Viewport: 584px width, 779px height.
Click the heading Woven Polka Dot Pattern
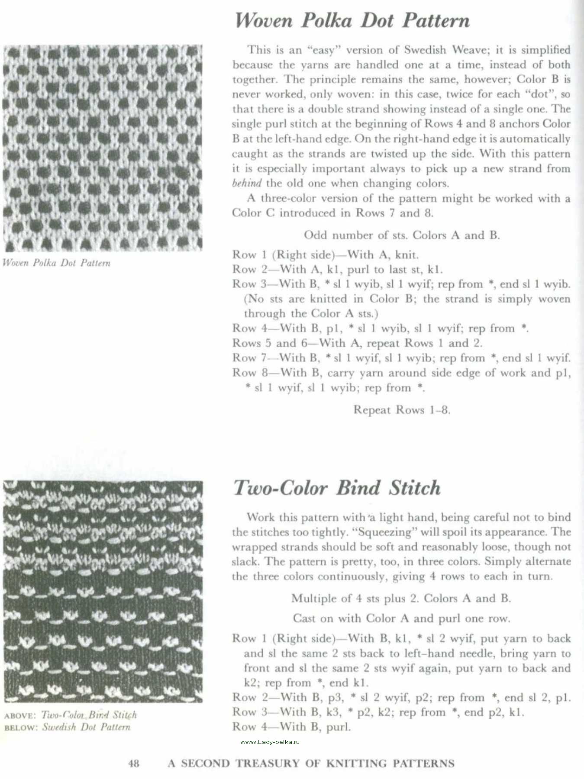click(352, 20)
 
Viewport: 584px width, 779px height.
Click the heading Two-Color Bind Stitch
click(337, 488)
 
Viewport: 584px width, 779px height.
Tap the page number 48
click(134, 763)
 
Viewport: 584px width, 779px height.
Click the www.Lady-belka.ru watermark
click(270, 742)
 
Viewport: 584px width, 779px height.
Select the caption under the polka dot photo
click(56, 263)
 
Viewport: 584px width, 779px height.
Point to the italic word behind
click(246, 183)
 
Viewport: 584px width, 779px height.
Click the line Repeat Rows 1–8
click(402, 410)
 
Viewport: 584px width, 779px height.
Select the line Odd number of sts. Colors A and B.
click(402, 235)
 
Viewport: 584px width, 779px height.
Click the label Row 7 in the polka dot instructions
click(250, 358)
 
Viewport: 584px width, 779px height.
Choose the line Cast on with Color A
click(401, 618)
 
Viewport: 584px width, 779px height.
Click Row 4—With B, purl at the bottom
click(291, 727)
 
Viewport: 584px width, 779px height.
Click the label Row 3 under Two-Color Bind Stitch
click(250, 712)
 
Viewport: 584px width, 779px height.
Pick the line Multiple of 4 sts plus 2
click(401, 599)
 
